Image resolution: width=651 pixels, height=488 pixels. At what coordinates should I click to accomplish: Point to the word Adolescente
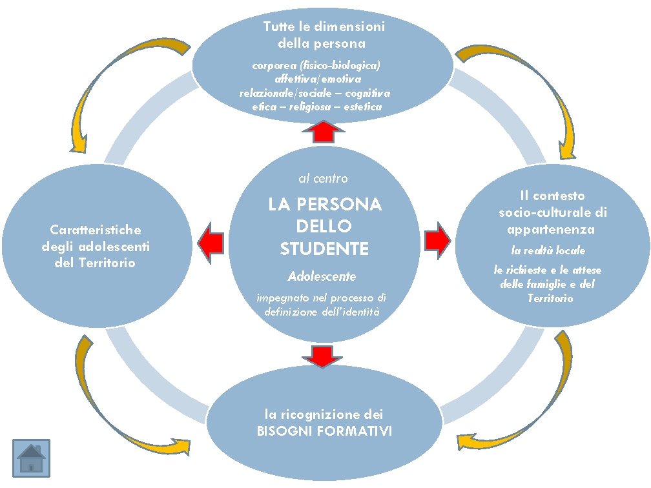pos(322,276)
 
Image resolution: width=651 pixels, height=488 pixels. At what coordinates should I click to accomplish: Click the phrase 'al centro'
pos(323,178)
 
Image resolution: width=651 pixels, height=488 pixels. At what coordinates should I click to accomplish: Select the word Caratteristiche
pos(96,229)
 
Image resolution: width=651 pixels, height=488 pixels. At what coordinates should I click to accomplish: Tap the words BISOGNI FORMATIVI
pos(324,431)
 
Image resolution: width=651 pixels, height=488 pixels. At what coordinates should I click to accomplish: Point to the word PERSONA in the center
pos(342,205)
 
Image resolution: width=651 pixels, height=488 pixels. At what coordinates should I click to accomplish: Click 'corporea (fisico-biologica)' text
pos(316,66)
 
